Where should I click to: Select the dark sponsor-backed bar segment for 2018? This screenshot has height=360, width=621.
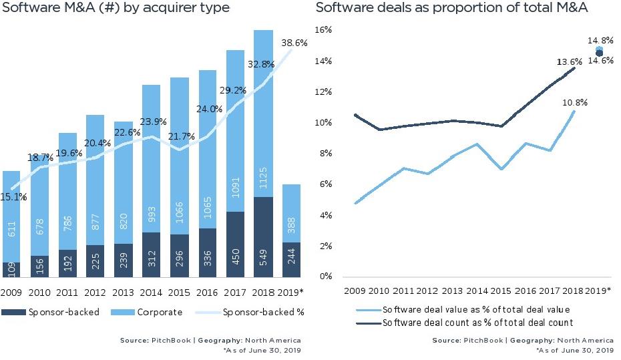pyautogui.click(x=264, y=237)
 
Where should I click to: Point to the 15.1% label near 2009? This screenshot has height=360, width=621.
pyautogui.click(x=13, y=197)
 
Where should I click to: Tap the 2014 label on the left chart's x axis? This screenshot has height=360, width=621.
pyautogui.click(x=151, y=292)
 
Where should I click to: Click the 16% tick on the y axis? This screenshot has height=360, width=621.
pyautogui.click(x=324, y=30)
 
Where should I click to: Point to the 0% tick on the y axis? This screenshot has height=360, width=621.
pyautogui.click(x=325, y=277)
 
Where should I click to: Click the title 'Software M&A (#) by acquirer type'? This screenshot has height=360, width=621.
pyautogui.click(x=115, y=8)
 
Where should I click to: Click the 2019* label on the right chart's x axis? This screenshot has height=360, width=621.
pyautogui.click(x=599, y=292)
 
